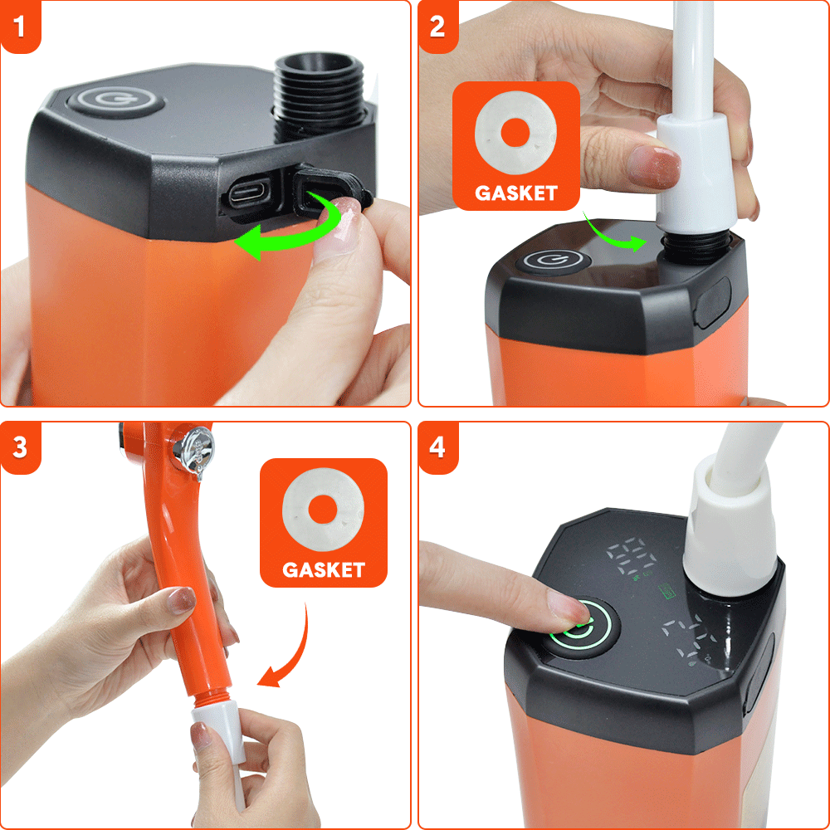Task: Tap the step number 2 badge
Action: (x=437, y=26)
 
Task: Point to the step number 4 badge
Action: (x=437, y=447)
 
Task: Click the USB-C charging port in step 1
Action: (x=247, y=194)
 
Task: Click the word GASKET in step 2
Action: (x=515, y=193)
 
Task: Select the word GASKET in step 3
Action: (x=323, y=570)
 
